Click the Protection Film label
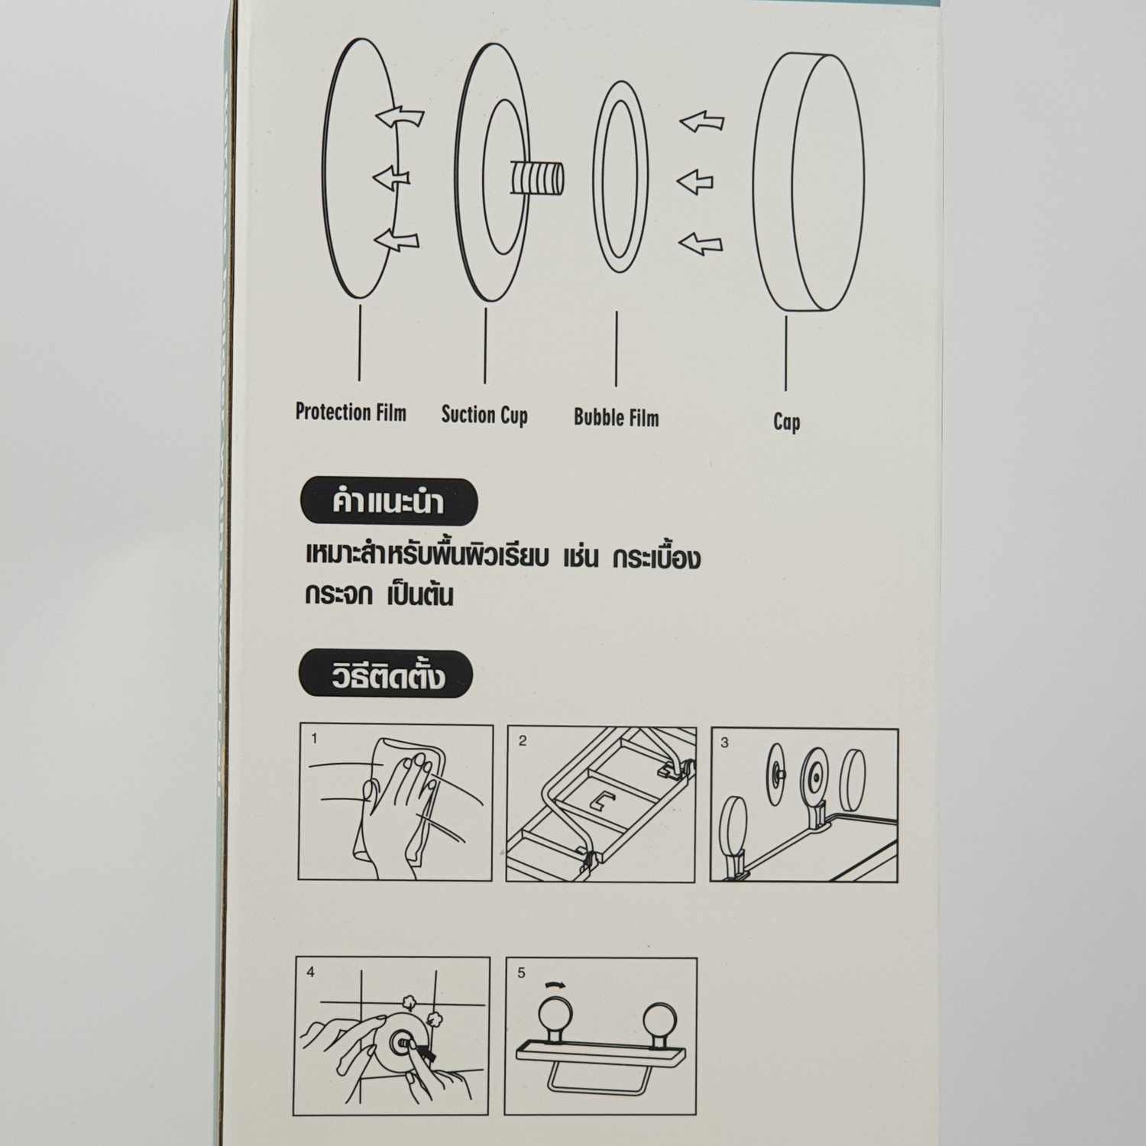pos(351,413)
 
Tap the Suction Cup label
pos(484,415)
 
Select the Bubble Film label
pos(616,418)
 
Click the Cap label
pos(786,422)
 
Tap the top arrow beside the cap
pos(702,121)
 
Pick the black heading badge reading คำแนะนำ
pos(388,502)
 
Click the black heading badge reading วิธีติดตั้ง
pos(387,675)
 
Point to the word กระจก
pos(338,594)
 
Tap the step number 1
pos(314,739)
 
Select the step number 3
pos(725,743)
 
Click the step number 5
pos(522,973)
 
